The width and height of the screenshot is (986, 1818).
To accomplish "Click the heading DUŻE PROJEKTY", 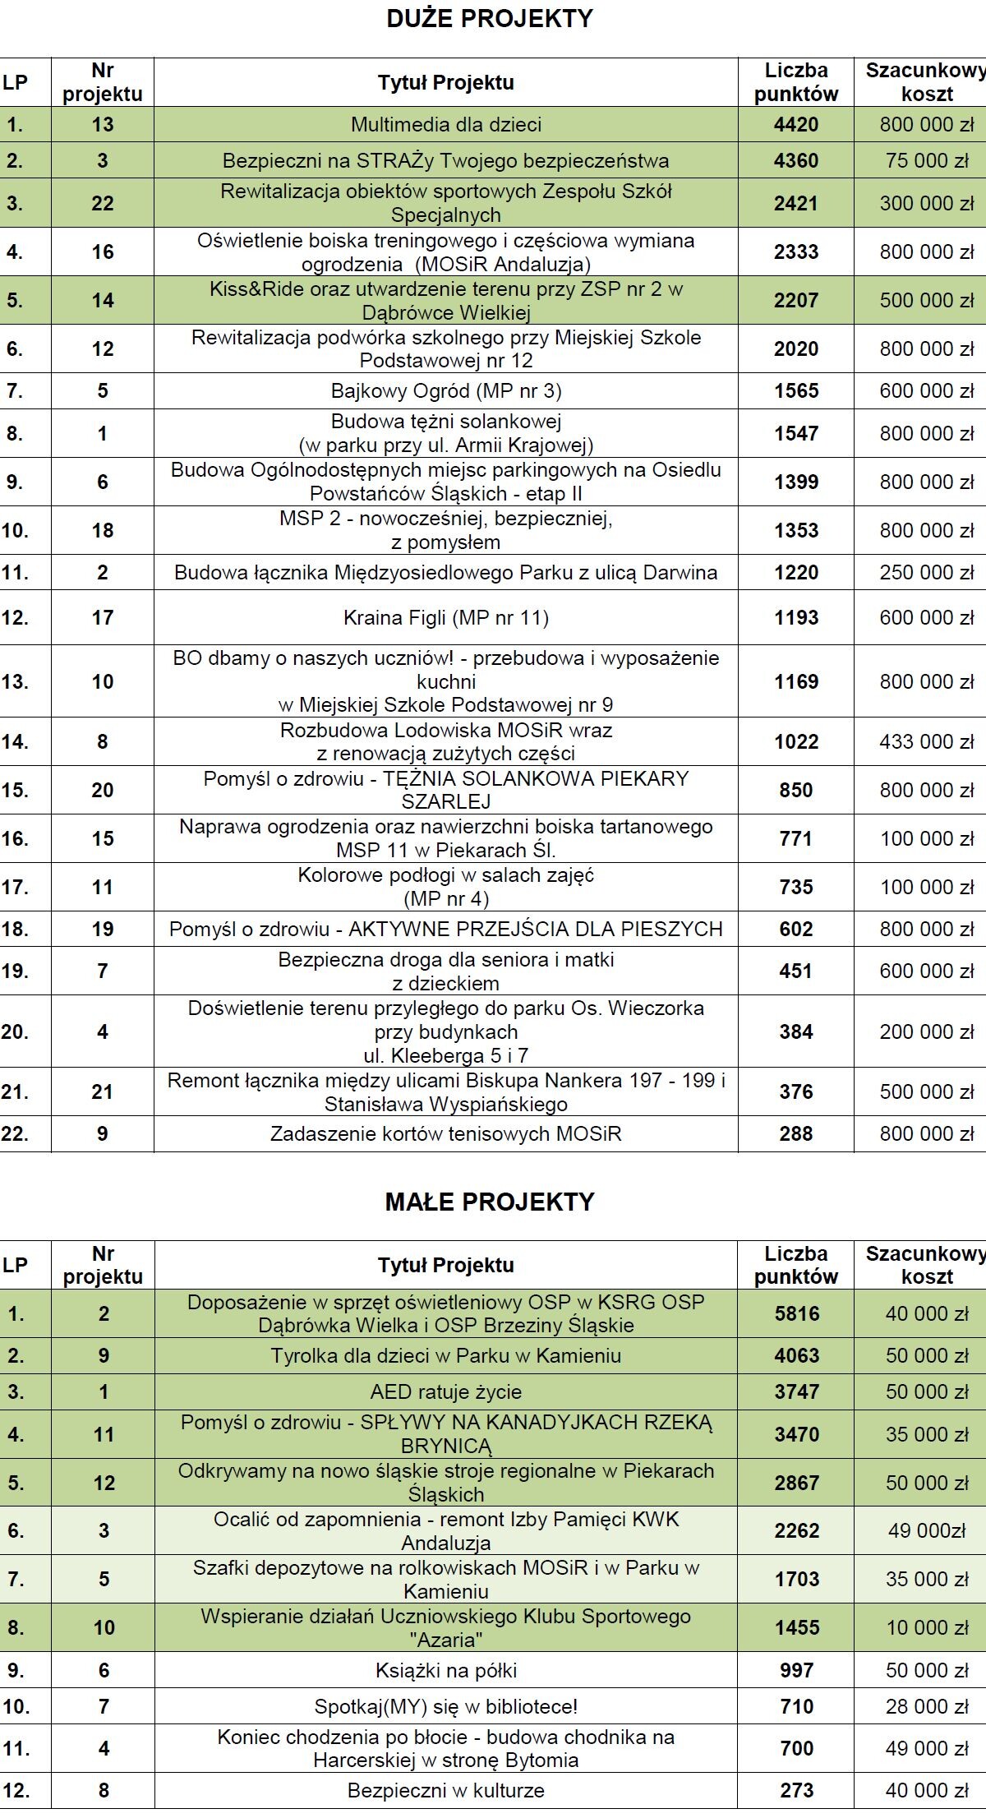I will pos(490,19).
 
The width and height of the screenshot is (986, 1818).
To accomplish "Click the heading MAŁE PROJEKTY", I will pos(490,1202).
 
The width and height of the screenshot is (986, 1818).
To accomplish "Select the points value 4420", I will pos(796,125).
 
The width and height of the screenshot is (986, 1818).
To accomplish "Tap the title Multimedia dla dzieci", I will pos(446,125).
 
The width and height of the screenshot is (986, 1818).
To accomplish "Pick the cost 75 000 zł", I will pos(927,161).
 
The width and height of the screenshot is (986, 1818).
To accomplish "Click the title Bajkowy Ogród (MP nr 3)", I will pos(446,390).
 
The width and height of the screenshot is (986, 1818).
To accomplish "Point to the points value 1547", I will pos(796,433).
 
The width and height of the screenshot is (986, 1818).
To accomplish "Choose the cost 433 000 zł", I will pos(927,741).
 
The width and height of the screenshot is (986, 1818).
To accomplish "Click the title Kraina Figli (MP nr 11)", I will pos(446,617).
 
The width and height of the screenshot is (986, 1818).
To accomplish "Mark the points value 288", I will pos(796,1134).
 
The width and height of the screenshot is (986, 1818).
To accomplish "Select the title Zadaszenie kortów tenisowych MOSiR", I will pos(446,1134).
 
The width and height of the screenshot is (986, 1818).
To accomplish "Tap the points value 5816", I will pos(796,1313).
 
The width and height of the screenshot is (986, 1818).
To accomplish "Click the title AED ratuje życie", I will pos(446,1391).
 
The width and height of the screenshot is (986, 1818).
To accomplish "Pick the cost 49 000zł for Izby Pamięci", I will pos(927,1530).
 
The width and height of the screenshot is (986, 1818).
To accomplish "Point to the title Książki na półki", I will pos(446,1670).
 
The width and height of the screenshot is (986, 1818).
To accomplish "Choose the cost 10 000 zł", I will pos(927,1627).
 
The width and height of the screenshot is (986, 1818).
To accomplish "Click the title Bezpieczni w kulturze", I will pos(446,1790).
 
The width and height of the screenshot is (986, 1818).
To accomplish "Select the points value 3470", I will pos(796,1434).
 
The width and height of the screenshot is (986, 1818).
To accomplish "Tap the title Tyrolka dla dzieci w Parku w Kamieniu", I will pos(446,1355).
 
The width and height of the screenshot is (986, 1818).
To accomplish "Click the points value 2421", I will pos(796,203).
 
